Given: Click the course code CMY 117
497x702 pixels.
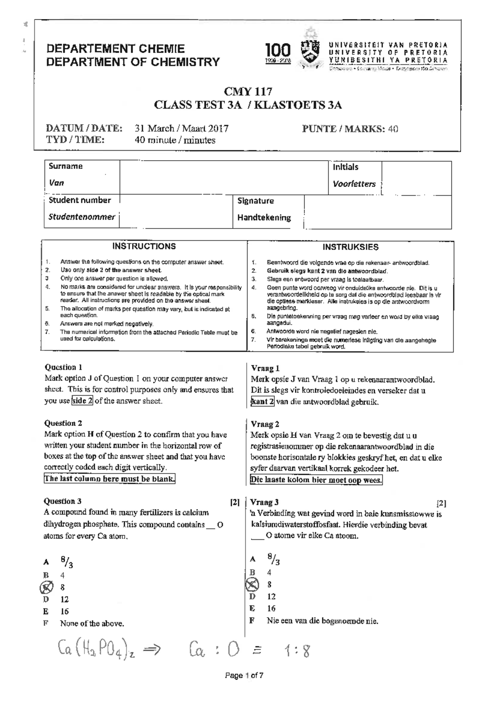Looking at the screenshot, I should coord(248,91).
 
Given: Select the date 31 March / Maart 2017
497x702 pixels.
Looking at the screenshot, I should coord(182,129).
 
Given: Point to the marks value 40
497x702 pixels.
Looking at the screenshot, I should coord(393,129).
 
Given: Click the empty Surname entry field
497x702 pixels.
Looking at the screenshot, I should coord(224,177).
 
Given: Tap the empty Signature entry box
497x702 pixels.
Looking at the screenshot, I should coord(377,212).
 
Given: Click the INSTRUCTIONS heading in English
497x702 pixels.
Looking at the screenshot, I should coord(144,247).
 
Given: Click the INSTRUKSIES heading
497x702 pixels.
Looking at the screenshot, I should coord(350,248).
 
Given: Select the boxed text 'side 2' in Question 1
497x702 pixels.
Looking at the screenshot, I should coord(82,401).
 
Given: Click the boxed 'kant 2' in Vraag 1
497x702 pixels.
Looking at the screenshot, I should coord(262,401).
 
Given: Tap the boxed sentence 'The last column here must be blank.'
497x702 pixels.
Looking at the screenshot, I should coord(110,479).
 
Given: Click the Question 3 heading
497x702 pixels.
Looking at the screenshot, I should coord(63,502).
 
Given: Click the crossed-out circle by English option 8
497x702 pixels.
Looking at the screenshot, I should coord(46,587).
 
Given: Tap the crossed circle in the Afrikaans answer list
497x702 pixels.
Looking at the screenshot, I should coord(252,585).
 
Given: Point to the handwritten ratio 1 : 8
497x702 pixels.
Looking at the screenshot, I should coord(297,651).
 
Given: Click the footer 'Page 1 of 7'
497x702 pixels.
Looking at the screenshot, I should coord(244,676).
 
